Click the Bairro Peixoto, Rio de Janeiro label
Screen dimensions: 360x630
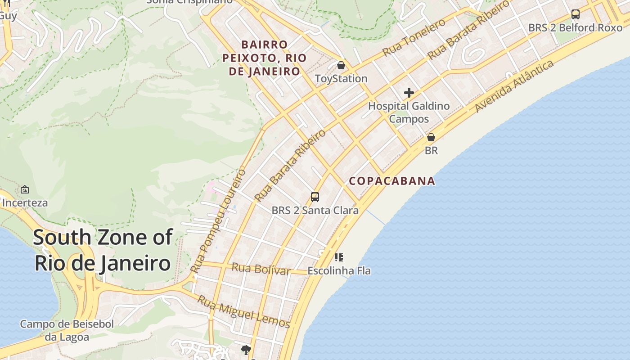[265, 58]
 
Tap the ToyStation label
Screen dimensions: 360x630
[341, 79]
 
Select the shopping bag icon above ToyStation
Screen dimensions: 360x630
[341, 66]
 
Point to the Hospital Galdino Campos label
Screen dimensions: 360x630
[409, 112]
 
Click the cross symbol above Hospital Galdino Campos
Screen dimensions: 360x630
[409, 93]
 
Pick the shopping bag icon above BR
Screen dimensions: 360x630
[431, 137]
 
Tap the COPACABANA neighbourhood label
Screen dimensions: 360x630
[392, 181]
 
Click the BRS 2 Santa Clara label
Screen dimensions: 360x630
[315, 210]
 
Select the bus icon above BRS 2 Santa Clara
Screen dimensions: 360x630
[315, 197]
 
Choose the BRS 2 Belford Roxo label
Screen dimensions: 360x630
[575, 27]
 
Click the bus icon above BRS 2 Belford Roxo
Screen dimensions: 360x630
[575, 14]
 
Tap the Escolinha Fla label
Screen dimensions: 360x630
[339, 271]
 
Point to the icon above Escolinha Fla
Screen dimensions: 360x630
[339, 257]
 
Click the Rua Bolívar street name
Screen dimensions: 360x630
[261, 269]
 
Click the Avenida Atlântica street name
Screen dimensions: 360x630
[514, 86]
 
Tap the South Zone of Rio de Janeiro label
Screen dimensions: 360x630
[103, 250]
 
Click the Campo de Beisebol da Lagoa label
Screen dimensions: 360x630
[67, 330]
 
